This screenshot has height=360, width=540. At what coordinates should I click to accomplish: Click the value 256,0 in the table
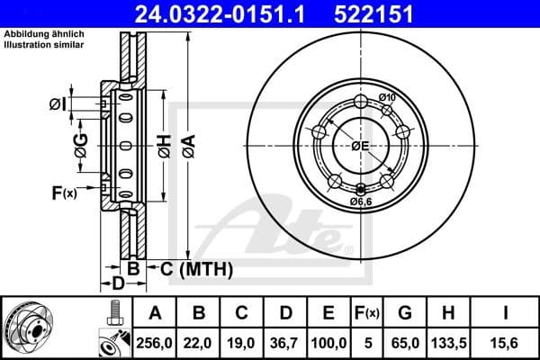point(154,341)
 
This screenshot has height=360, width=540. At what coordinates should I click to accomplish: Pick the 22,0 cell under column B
point(199,341)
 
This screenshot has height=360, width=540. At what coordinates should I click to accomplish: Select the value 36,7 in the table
point(285,341)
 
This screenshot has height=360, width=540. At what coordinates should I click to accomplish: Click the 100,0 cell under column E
point(328,341)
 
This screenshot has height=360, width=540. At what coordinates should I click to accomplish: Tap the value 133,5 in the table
point(448,341)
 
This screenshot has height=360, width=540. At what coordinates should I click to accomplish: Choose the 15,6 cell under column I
point(507,341)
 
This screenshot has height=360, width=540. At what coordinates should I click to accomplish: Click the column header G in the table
point(405,313)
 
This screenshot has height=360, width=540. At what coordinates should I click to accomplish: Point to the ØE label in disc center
point(361,146)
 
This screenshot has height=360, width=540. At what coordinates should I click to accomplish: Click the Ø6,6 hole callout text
point(363,202)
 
